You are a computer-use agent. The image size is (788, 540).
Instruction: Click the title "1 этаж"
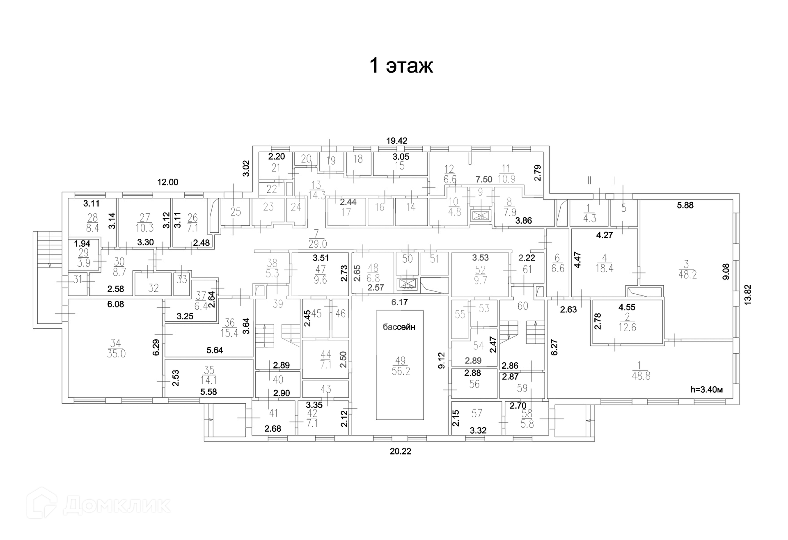click(x=401, y=66)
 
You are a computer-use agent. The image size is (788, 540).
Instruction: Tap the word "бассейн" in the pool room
click(x=399, y=327)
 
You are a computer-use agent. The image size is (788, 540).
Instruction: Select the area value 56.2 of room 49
click(x=401, y=371)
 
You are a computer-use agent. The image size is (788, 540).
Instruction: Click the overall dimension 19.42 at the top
click(x=396, y=141)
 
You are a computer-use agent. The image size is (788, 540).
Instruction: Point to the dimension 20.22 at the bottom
click(x=400, y=451)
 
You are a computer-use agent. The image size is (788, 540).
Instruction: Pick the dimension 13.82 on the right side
click(x=748, y=294)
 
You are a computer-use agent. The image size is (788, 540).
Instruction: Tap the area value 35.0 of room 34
click(x=116, y=354)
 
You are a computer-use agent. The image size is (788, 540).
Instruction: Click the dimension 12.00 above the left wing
click(x=168, y=182)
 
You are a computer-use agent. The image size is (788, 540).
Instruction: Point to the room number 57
click(x=476, y=413)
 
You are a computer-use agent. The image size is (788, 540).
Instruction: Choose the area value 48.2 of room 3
click(x=687, y=275)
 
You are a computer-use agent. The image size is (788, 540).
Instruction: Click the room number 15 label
click(x=399, y=166)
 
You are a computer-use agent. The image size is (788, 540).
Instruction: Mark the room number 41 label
click(x=273, y=413)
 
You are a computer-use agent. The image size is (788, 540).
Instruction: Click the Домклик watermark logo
click(x=98, y=505)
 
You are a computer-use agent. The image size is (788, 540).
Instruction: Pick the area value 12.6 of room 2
click(x=627, y=327)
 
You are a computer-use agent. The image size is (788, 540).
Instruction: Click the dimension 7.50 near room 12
click(x=483, y=179)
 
